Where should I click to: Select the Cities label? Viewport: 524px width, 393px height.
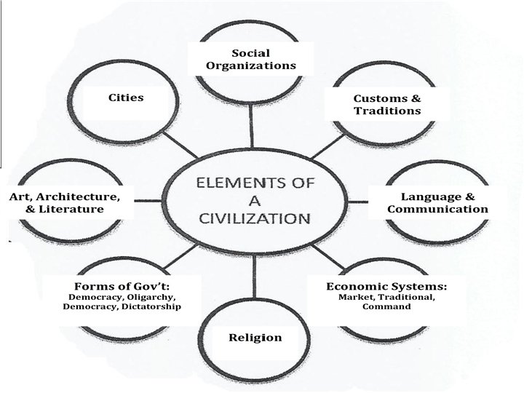[126, 98]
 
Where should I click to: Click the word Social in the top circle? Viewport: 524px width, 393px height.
[250, 52]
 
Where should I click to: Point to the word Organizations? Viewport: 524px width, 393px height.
[250, 65]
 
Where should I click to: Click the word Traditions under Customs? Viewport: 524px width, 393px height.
[387, 111]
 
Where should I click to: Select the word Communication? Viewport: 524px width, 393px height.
[437, 210]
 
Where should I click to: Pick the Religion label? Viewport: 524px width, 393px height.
[255, 338]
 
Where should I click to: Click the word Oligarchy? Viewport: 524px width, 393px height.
[152, 297]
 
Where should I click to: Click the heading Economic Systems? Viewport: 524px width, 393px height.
[386, 286]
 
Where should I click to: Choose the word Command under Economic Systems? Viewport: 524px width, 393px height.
[386, 306]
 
